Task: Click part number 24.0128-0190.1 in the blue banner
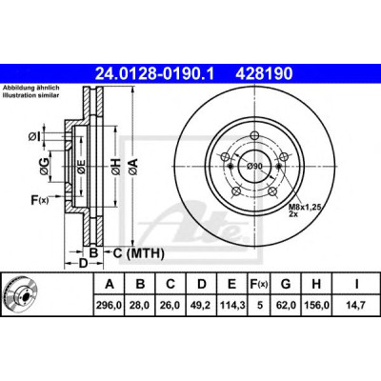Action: click(155, 74)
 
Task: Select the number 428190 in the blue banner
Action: click(264, 74)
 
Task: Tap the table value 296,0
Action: click(110, 306)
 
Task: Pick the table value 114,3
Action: click(232, 306)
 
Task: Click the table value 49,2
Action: click(202, 306)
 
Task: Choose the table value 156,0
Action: click(316, 306)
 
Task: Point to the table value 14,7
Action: click(356, 306)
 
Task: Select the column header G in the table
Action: click(286, 284)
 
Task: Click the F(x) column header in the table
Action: click(259, 284)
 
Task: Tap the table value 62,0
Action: click(286, 306)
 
